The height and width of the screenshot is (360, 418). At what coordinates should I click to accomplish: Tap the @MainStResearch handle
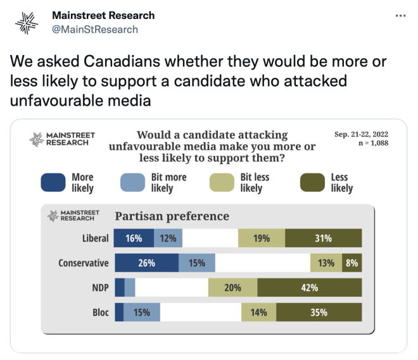click(94, 29)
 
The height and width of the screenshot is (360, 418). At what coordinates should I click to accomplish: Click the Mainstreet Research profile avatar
click(27, 23)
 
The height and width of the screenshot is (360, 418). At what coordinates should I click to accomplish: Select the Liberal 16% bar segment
click(133, 239)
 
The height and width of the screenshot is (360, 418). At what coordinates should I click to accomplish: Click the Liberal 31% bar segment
click(323, 239)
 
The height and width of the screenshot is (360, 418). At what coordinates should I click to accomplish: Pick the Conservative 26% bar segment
click(146, 263)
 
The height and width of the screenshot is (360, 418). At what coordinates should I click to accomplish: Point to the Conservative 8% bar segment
click(351, 263)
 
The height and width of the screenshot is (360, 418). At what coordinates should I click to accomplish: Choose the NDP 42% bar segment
click(309, 288)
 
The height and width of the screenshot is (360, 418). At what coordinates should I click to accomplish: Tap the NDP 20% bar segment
click(232, 288)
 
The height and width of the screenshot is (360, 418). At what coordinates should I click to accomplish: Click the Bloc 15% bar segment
click(142, 313)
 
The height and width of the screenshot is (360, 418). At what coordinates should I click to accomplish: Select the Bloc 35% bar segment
click(319, 313)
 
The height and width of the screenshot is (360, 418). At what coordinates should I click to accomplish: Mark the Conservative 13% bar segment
click(326, 263)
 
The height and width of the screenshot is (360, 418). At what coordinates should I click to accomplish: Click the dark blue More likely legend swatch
click(53, 182)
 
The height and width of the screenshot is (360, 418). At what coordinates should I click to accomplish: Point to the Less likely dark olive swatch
click(312, 182)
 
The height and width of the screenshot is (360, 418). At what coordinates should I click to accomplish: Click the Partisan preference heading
click(171, 216)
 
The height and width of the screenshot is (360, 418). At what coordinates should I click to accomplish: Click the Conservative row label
click(83, 263)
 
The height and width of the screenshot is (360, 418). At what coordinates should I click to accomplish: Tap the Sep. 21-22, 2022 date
click(361, 133)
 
